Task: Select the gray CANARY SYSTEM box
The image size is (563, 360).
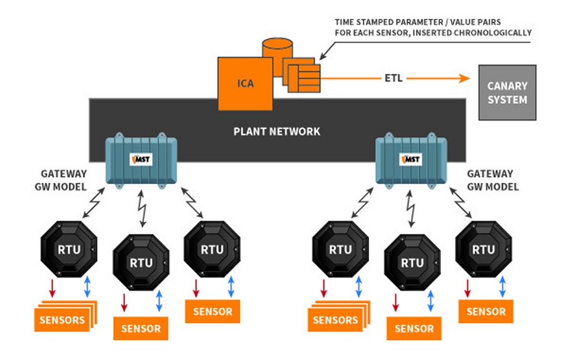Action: (x=507, y=92)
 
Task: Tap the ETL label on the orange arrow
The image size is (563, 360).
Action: (x=393, y=79)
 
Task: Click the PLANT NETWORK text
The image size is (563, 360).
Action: (x=276, y=131)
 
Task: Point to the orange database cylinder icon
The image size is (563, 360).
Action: (x=278, y=51)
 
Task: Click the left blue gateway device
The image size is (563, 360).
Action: (x=141, y=160)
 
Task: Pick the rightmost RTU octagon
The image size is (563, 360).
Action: (x=483, y=249)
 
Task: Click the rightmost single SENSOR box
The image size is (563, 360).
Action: (x=486, y=311)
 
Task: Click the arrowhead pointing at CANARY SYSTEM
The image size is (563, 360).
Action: (x=465, y=79)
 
